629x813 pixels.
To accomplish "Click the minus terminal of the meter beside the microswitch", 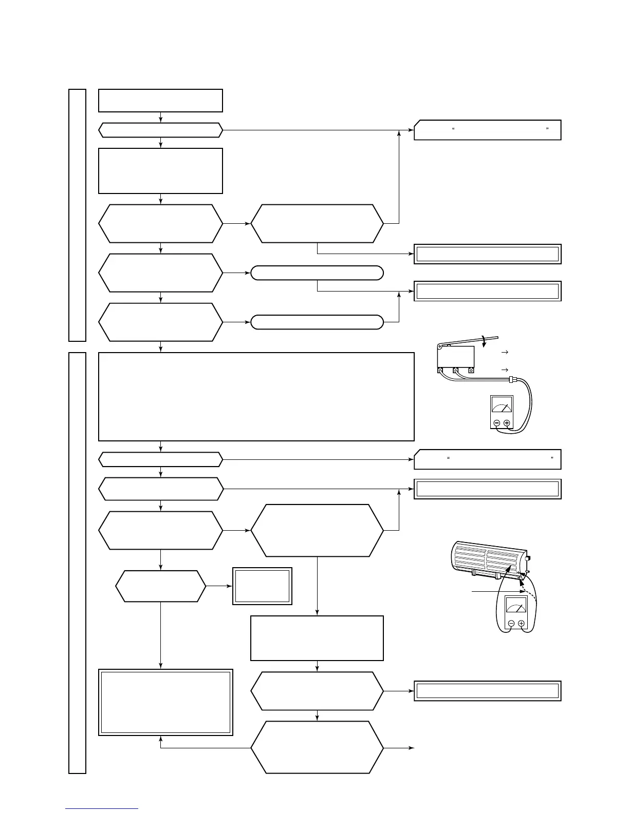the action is click(496, 423).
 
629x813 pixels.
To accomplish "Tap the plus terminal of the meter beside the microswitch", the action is click(507, 423).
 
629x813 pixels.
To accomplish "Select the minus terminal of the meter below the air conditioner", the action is click(511, 624).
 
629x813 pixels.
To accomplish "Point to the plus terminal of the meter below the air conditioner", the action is click(521, 624).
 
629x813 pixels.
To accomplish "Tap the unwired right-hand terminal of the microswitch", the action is click(471, 370).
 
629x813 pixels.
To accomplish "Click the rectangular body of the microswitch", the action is click(455, 356).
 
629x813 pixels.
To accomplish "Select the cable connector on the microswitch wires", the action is click(512, 380).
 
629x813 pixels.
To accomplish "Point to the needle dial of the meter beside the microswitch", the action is click(502, 406).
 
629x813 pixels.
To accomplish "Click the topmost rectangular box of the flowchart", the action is click(160, 100).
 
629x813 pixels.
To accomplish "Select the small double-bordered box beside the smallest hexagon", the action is click(262, 586).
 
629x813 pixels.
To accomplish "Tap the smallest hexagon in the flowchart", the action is click(160, 586).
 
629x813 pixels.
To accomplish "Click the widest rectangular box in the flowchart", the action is click(256, 396).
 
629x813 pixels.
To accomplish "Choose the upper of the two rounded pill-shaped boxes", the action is click(317, 273).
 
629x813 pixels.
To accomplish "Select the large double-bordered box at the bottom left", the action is click(165, 702).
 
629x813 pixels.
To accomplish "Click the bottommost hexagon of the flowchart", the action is click(317, 747).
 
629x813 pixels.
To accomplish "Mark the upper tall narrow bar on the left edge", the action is click(77, 215).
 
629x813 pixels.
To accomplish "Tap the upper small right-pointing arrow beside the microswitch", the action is click(505, 352).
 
